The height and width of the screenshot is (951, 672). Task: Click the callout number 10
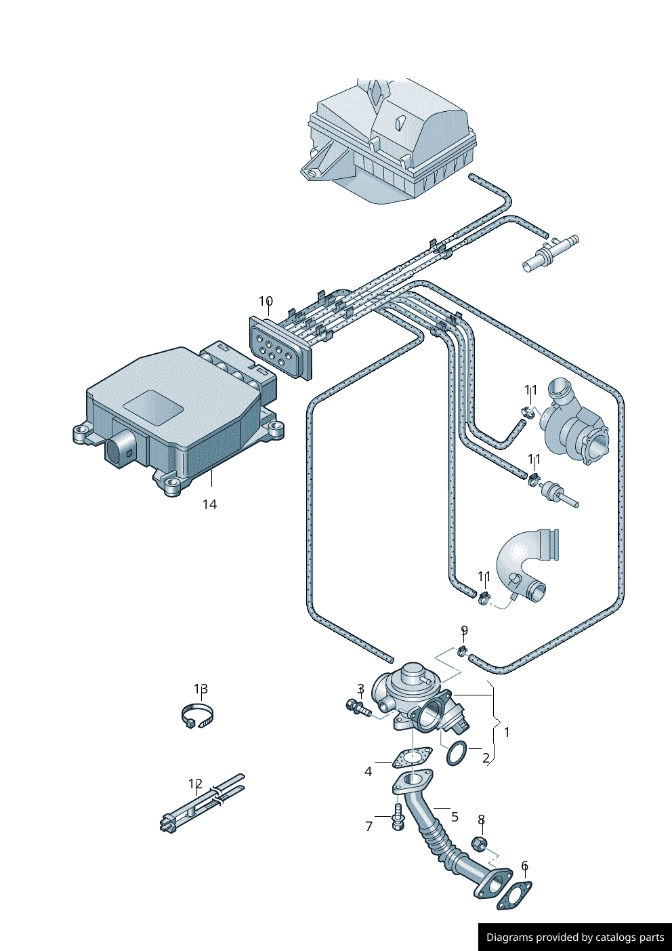(266, 301)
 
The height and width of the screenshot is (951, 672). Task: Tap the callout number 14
(209, 504)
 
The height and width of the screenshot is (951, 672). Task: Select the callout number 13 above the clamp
(201, 689)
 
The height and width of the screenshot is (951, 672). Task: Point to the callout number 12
(195, 784)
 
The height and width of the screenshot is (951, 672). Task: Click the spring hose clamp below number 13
(197, 716)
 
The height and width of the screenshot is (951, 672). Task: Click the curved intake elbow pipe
(527, 563)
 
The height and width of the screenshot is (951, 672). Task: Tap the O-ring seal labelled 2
(456, 753)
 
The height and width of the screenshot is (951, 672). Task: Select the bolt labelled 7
(398, 817)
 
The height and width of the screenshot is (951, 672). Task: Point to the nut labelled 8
(479, 844)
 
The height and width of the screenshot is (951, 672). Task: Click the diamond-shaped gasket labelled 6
(514, 895)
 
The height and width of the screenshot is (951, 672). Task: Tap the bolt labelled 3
(356, 708)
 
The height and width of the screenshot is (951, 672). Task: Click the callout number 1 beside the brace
(507, 732)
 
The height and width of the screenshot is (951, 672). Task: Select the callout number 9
(464, 630)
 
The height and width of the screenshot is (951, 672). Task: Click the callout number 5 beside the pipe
(455, 817)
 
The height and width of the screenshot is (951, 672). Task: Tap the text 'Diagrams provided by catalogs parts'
(574, 937)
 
